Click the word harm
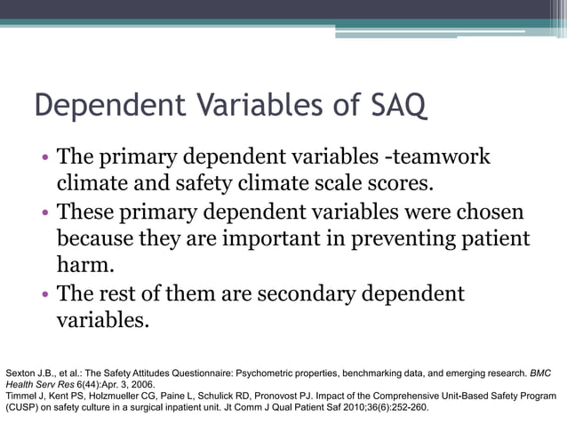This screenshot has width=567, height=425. (x=85, y=265)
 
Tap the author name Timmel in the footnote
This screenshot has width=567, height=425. (x=22, y=396)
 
